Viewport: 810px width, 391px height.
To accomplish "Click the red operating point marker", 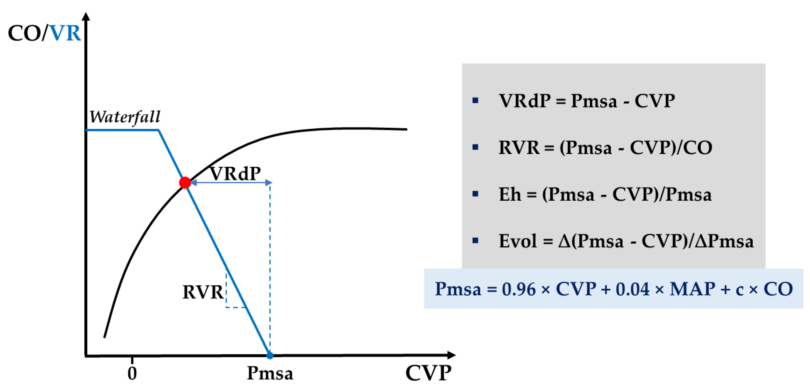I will tap(185, 182).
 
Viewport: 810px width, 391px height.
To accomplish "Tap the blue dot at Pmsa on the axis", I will tap(270, 356).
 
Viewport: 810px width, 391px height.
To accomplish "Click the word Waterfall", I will tap(125, 117).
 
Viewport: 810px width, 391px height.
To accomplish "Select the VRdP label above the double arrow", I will tap(235, 173).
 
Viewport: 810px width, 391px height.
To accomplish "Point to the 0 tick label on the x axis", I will tap(132, 373).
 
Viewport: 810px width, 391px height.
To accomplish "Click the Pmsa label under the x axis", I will tap(270, 373).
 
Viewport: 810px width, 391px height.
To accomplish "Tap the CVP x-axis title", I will tap(428, 373).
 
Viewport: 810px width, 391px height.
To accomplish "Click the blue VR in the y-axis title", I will tap(65, 33).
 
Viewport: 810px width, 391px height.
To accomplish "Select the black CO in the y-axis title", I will tap(24, 33).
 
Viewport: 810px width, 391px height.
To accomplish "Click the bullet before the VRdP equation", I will tap(475, 101).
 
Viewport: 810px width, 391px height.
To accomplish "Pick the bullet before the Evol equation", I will tap(475, 241).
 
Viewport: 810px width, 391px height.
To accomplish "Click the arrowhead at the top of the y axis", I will tap(86, 16).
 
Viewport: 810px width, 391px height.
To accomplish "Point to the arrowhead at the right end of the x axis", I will tap(452, 355).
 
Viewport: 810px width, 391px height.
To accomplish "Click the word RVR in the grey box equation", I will tap(519, 148).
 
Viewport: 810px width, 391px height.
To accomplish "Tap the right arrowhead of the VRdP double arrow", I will tap(269, 182).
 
